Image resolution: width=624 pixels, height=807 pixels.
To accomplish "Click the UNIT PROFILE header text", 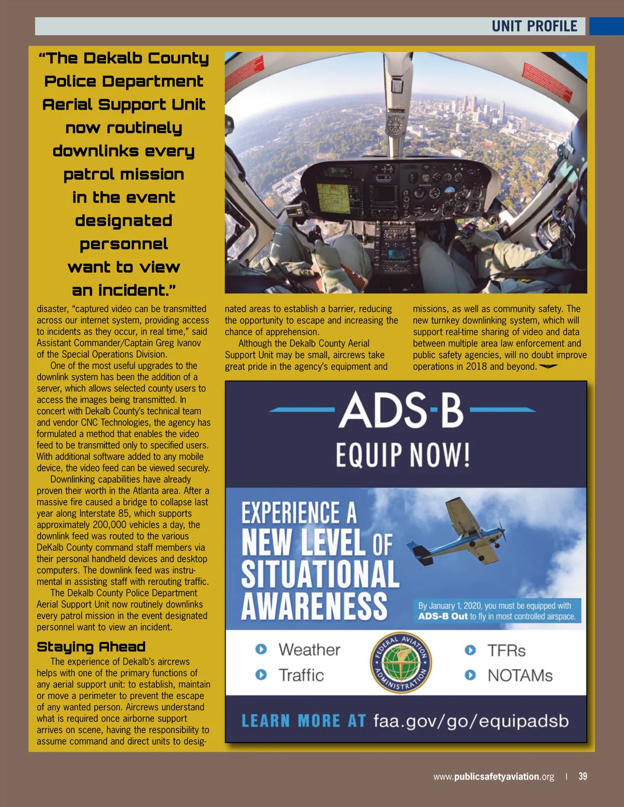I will click(x=534, y=27).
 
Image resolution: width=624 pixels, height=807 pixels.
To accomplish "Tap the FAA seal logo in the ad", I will click(x=401, y=663).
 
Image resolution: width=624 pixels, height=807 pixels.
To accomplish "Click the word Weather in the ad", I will click(x=309, y=650).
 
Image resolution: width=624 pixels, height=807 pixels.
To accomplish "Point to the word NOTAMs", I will click(x=519, y=676).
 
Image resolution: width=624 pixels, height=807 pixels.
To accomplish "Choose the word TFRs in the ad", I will click(x=506, y=651).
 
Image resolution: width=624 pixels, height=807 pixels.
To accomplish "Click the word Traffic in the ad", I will click(x=301, y=675).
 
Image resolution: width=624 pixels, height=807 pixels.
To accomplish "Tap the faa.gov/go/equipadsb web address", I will click(x=471, y=721).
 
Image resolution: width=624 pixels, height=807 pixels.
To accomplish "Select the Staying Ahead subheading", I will click(x=91, y=647).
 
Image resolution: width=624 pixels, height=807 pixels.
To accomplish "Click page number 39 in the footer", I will click(x=583, y=776).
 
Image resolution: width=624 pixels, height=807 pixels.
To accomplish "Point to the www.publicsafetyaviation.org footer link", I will click(x=493, y=777).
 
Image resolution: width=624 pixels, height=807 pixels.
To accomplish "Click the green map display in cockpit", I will click(x=334, y=197).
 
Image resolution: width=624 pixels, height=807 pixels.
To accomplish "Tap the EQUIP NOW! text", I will click(x=403, y=455).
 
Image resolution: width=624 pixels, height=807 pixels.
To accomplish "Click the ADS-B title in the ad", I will click(x=401, y=410).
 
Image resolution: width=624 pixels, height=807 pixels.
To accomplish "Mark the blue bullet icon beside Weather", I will click(x=261, y=649).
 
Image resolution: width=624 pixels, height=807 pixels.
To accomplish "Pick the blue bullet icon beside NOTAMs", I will click(x=470, y=675).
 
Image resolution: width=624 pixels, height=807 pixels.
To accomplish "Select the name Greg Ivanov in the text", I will click(x=175, y=343).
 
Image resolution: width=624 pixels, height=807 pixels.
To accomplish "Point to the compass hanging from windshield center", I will click(x=395, y=124).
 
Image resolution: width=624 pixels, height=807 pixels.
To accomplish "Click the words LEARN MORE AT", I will click(x=304, y=721).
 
